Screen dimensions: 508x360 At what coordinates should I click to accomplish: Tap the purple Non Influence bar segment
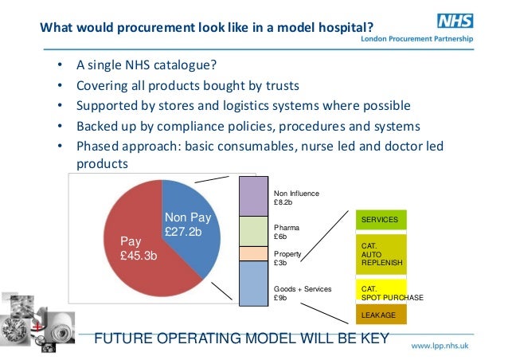(x=255, y=196)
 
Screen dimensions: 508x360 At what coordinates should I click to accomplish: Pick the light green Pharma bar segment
(x=255, y=231)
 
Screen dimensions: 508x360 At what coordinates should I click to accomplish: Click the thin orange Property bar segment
(x=255, y=253)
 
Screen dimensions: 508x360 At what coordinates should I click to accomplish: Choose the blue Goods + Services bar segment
(x=255, y=281)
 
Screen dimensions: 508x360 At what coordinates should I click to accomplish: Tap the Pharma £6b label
(x=287, y=232)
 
